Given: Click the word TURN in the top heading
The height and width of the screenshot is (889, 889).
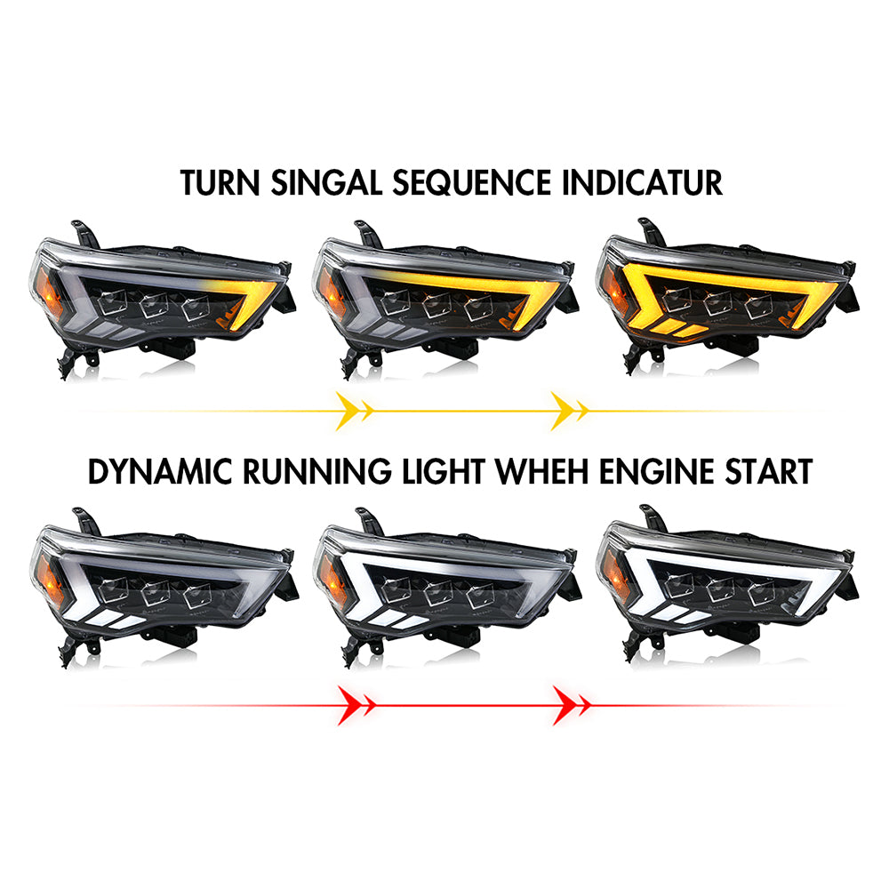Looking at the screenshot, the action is click(220, 182).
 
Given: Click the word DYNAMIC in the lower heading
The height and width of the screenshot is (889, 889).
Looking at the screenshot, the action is click(160, 472).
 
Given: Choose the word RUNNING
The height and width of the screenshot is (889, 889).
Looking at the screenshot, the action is click(317, 472).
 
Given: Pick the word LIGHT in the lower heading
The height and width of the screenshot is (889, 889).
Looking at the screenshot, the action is click(444, 472).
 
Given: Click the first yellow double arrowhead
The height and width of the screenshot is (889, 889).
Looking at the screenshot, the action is click(354, 411).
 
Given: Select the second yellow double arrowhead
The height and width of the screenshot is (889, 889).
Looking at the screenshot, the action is click(569, 411).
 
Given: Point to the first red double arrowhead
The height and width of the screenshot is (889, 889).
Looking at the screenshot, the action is click(356, 705).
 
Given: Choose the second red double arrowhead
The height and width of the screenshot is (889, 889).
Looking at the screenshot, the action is click(571, 705).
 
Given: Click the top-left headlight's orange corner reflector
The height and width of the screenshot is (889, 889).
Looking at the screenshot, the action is click(48, 292).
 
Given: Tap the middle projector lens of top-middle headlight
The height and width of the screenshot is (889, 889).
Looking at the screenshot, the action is click(436, 305).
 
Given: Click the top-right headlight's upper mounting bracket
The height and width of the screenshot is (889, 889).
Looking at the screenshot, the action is click(652, 232).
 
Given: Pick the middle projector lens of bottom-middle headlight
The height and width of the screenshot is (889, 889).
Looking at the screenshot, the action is click(437, 592).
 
